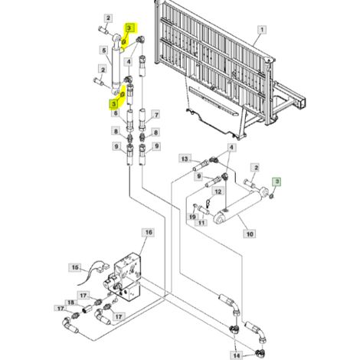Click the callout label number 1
pyautogui.click(x=262, y=30)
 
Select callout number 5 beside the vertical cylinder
pyautogui.click(x=103, y=51)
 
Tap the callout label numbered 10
pyautogui.click(x=250, y=234)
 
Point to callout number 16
pyautogui.click(x=149, y=232)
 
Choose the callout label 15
pyautogui.click(x=75, y=267)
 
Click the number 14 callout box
pyautogui.click(x=237, y=355)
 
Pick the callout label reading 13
pyautogui.click(x=185, y=159)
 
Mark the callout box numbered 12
pyautogui.click(x=218, y=191)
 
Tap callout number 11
pyautogui.click(x=201, y=223)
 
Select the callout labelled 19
pyautogui.click(x=193, y=217)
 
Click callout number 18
pyautogui.click(x=70, y=303)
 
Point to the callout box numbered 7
pyautogui.click(x=155, y=115)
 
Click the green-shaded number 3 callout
pyautogui.click(x=277, y=182)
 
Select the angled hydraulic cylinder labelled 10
pyautogui.click(x=240, y=207)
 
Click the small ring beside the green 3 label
pyautogui.click(x=272, y=196)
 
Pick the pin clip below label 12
pyautogui.click(x=208, y=204)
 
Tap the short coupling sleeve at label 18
pyautogui.click(x=87, y=309)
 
